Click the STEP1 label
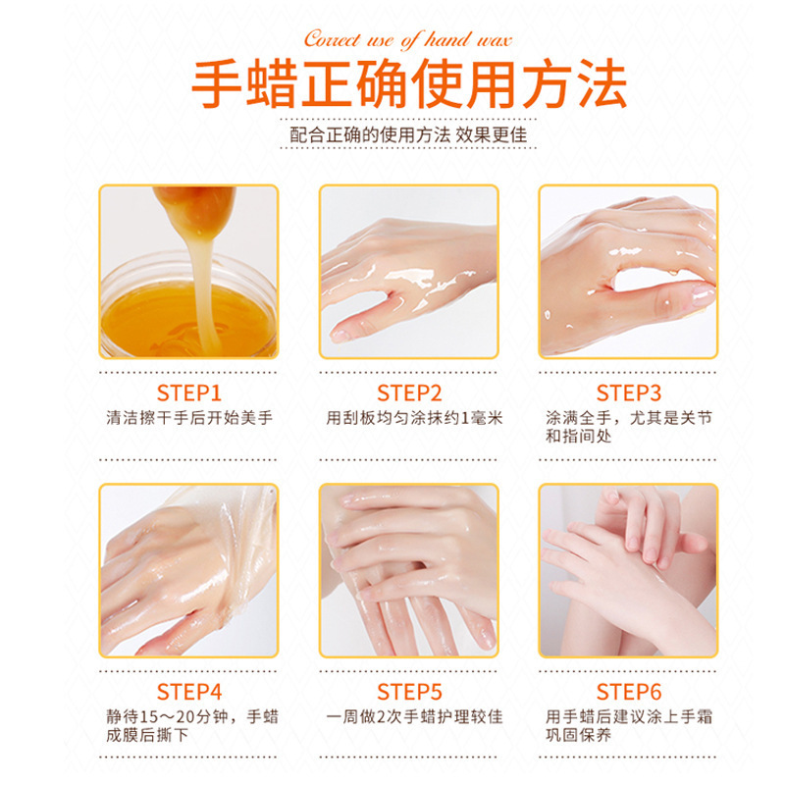[x=188, y=393]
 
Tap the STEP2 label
[x=409, y=393]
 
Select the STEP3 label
[x=629, y=393]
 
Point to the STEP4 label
[x=188, y=692]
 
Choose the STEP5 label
[x=409, y=692]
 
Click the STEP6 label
[x=629, y=692]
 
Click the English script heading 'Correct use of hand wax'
[x=408, y=39]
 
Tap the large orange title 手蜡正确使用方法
[x=409, y=83]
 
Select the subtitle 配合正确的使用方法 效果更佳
[x=408, y=134]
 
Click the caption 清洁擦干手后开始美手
[x=189, y=418]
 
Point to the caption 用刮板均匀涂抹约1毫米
[x=414, y=418]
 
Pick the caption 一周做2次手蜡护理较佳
[x=414, y=716]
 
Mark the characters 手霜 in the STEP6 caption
[x=696, y=716]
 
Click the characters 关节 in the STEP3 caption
[x=696, y=418]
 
